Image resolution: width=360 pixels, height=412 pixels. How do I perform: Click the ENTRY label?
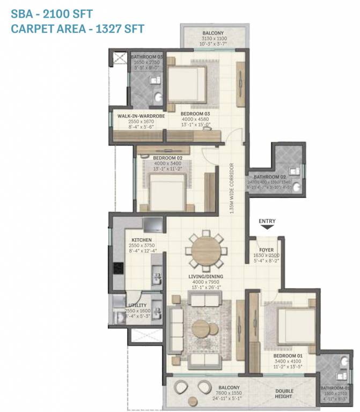pyautogui.click(x=267, y=220)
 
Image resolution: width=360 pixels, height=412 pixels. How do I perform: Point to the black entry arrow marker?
pyautogui.click(x=267, y=229)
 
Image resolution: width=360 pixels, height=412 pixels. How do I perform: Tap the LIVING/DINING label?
pyautogui.click(x=205, y=276)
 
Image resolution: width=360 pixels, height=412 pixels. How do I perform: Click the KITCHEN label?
pyautogui.click(x=140, y=240)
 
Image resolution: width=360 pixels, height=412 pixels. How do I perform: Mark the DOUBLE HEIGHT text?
pyautogui.click(x=284, y=393)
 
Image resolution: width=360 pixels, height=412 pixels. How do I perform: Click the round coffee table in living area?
pyautogui.click(x=202, y=327)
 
